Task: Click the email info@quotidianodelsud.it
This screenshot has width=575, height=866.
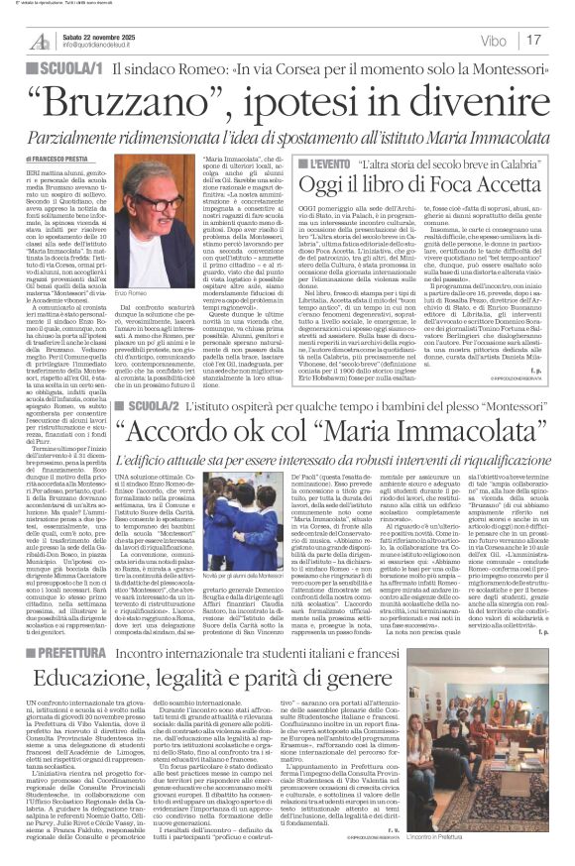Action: [x=99, y=45]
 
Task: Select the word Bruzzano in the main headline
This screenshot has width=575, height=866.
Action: [x=149, y=100]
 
